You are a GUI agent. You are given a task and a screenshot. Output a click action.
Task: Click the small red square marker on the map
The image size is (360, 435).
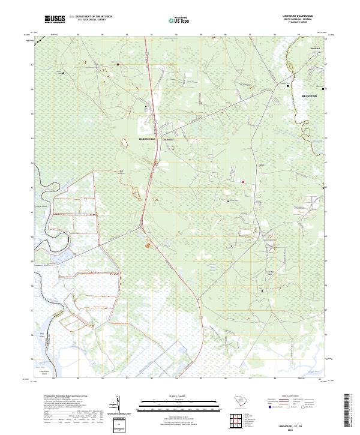(244, 182)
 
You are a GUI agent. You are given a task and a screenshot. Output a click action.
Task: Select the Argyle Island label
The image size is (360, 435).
(43, 205)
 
